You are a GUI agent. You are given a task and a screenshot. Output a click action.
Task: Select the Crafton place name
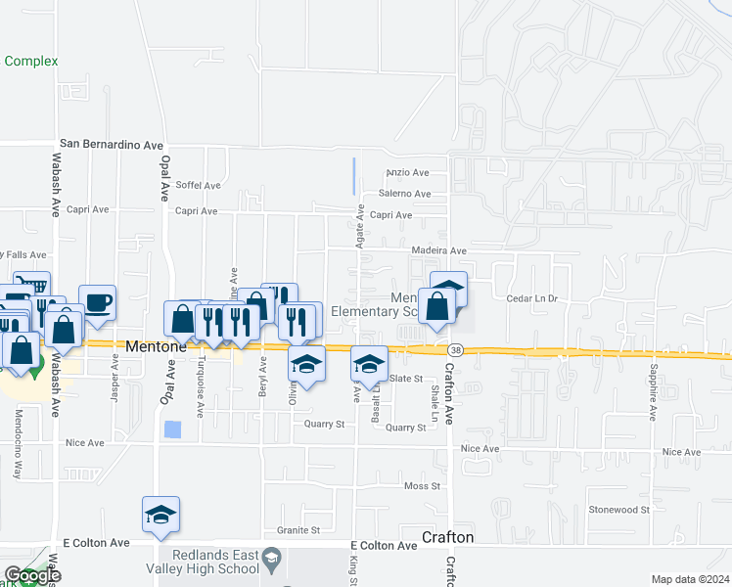click(x=448, y=537)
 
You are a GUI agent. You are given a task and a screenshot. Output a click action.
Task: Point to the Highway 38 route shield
click(x=456, y=349)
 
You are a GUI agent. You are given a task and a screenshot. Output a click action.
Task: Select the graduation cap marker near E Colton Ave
click(x=161, y=515)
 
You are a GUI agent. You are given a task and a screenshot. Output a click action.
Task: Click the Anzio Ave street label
click(x=408, y=173)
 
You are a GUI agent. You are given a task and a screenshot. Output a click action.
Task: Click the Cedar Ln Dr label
click(x=531, y=298)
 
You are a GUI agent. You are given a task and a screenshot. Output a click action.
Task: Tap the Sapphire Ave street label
click(x=652, y=392)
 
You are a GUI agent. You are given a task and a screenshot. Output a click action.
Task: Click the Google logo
click(x=31, y=576)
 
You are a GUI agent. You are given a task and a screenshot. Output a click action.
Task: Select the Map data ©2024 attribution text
click(x=689, y=579)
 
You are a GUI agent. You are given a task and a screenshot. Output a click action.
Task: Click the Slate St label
click(x=405, y=378)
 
